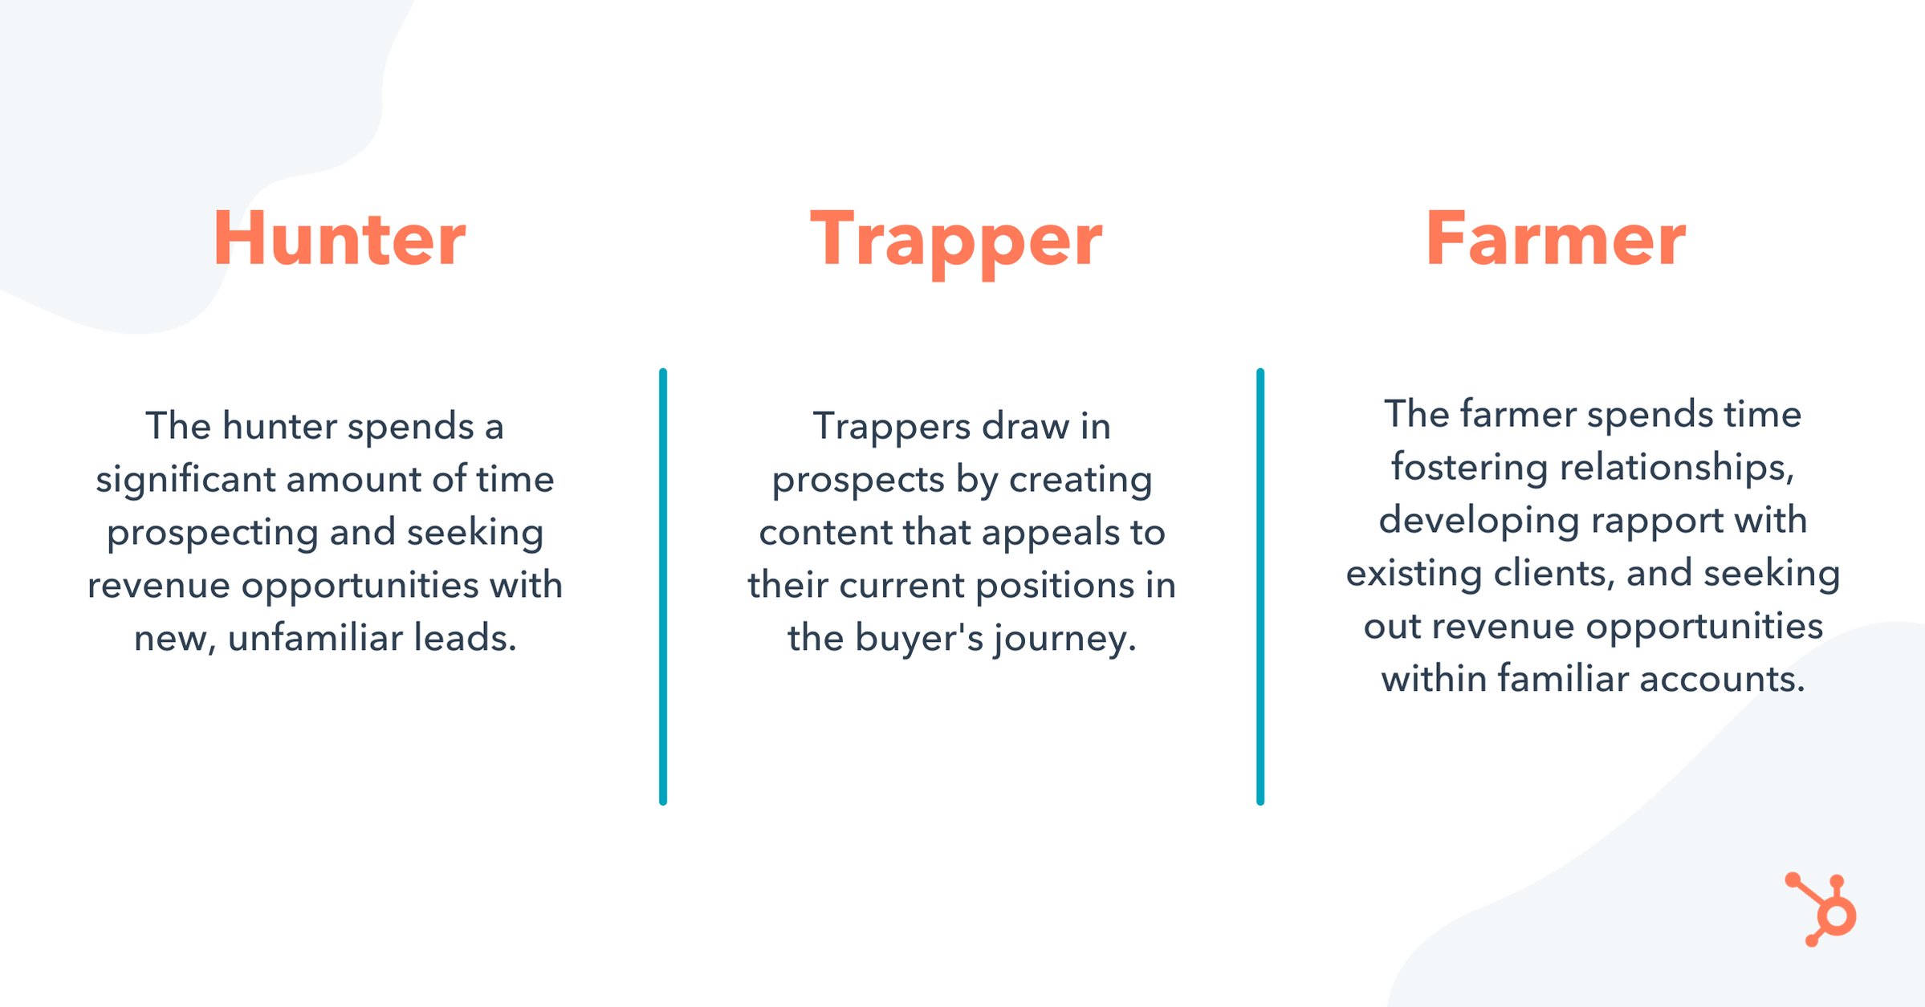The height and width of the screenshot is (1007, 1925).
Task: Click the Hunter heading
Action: pyautogui.click(x=339, y=238)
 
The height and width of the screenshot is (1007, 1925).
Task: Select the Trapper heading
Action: pyautogui.click(x=956, y=240)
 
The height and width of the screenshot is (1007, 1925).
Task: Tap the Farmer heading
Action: pyautogui.click(x=1555, y=238)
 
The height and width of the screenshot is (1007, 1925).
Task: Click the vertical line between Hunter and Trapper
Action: pyautogui.click(x=663, y=587)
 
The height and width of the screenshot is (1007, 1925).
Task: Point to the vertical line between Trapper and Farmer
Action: pyautogui.click(x=1260, y=587)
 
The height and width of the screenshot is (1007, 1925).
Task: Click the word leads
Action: pyautogui.click(x=465, y=639)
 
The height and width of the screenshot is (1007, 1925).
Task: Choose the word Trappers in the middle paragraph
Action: pyautogui.click(x=892, y=427)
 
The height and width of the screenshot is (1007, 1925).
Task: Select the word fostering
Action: pyautogui.click(x=1469, y=468)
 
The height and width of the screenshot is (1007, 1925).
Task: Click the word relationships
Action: pyautogui.click(x=1676, y=468)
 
